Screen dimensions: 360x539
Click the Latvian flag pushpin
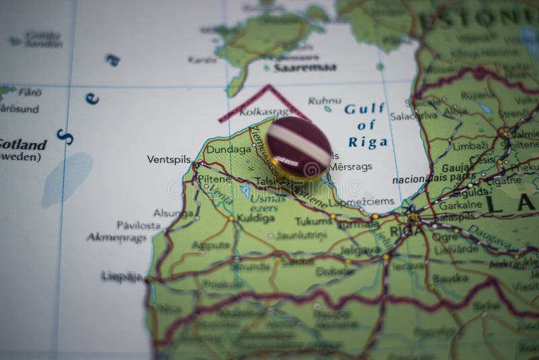[x=298, y=146]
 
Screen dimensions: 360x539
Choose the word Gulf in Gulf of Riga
[x=364, y=109]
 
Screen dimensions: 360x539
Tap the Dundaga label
[x=228, y=149]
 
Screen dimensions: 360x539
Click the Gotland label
[x=23, y=144]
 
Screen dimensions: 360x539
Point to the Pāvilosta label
[x=139, y=225]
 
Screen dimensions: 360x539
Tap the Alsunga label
[x=173, y=212]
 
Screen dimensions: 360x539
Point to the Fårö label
[x=30, y=92]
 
